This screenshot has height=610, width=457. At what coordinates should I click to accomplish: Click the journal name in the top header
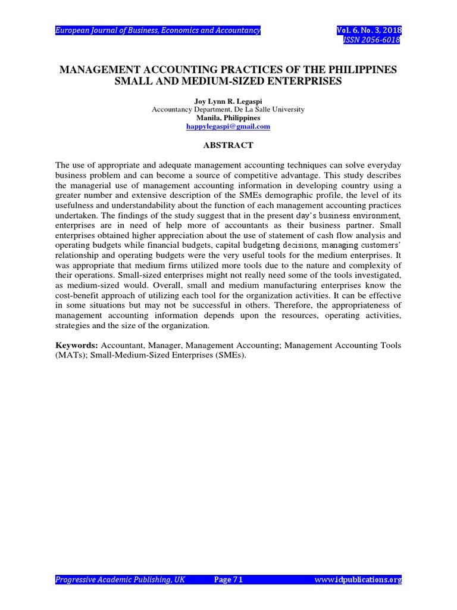[158, 30]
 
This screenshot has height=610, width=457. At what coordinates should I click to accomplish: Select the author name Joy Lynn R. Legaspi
[228, 101]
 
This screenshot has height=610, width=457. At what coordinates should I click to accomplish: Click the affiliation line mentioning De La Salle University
[228, 110]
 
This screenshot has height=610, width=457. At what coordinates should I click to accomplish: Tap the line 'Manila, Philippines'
[228, 118]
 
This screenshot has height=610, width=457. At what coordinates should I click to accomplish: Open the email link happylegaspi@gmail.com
[228, 126]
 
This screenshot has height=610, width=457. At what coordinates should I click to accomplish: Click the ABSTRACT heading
[228, 145]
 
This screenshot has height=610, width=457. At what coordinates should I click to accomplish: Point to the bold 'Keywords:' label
[77, 346]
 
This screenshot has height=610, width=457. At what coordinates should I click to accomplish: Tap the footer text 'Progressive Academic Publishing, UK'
[121, 580]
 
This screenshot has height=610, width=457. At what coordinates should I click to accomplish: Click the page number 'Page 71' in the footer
[228, 580]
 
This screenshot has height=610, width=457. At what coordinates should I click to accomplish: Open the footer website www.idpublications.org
[358, 580]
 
